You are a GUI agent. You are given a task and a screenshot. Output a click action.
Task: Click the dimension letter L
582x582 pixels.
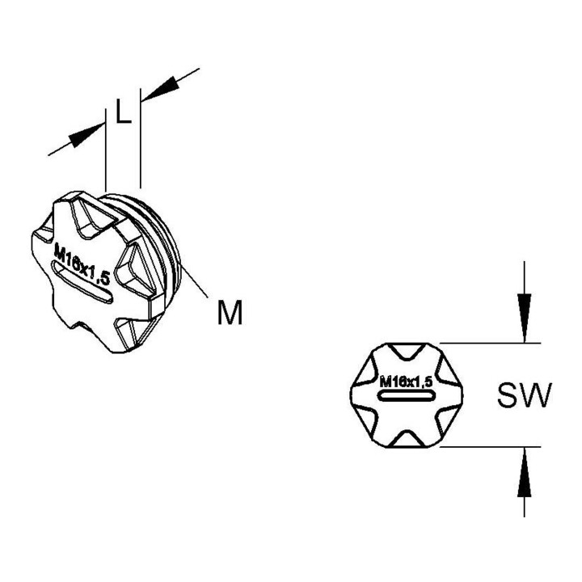pyautogui.click(x=124, y=111)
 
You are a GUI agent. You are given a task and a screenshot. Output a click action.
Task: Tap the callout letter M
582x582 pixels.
pyautogui.click(x=230, y=313)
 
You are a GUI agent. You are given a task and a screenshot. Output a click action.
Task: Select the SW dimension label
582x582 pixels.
pyautogui.click(x=525, y=395)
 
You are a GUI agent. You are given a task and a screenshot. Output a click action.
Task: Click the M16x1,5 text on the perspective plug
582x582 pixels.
pyautogui.click(x=82, y=264)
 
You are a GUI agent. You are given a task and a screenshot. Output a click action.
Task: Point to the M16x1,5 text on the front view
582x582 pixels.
pyautogui.click(x=407, y=382)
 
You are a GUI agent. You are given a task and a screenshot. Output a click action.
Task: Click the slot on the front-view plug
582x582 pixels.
pyautogui.click(x=407, y=395)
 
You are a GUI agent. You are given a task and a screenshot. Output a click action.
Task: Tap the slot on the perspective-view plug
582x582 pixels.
pyautogui.click(x=82, y=282)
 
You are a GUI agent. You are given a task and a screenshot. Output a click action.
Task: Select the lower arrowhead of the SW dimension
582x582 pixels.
pyautogui.click(x=524, y=472)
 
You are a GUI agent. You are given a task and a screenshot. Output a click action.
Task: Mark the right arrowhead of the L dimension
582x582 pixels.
pyautogui.click(x=160, y=89)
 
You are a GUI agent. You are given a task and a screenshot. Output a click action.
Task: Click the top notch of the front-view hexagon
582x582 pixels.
pyautogui.click(x=407, y=352)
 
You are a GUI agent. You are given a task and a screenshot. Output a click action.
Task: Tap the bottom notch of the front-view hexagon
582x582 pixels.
pyautogui.click(x=407, y=439)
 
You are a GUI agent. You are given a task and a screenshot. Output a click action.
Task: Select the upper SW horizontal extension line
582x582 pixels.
pyautogui.click(x=490, y=343)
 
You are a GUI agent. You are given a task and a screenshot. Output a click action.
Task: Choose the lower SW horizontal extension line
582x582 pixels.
pyautogui.click(x=490, y=446)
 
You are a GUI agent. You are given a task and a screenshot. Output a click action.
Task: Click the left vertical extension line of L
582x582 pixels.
pyautogui.click(x=106, y=150)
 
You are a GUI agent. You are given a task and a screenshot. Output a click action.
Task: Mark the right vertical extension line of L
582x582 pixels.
pyautogui.click(x=141, y=138)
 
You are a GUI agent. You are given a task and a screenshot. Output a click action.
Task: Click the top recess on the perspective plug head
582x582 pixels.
pyautogui.click(x=91, y=215)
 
